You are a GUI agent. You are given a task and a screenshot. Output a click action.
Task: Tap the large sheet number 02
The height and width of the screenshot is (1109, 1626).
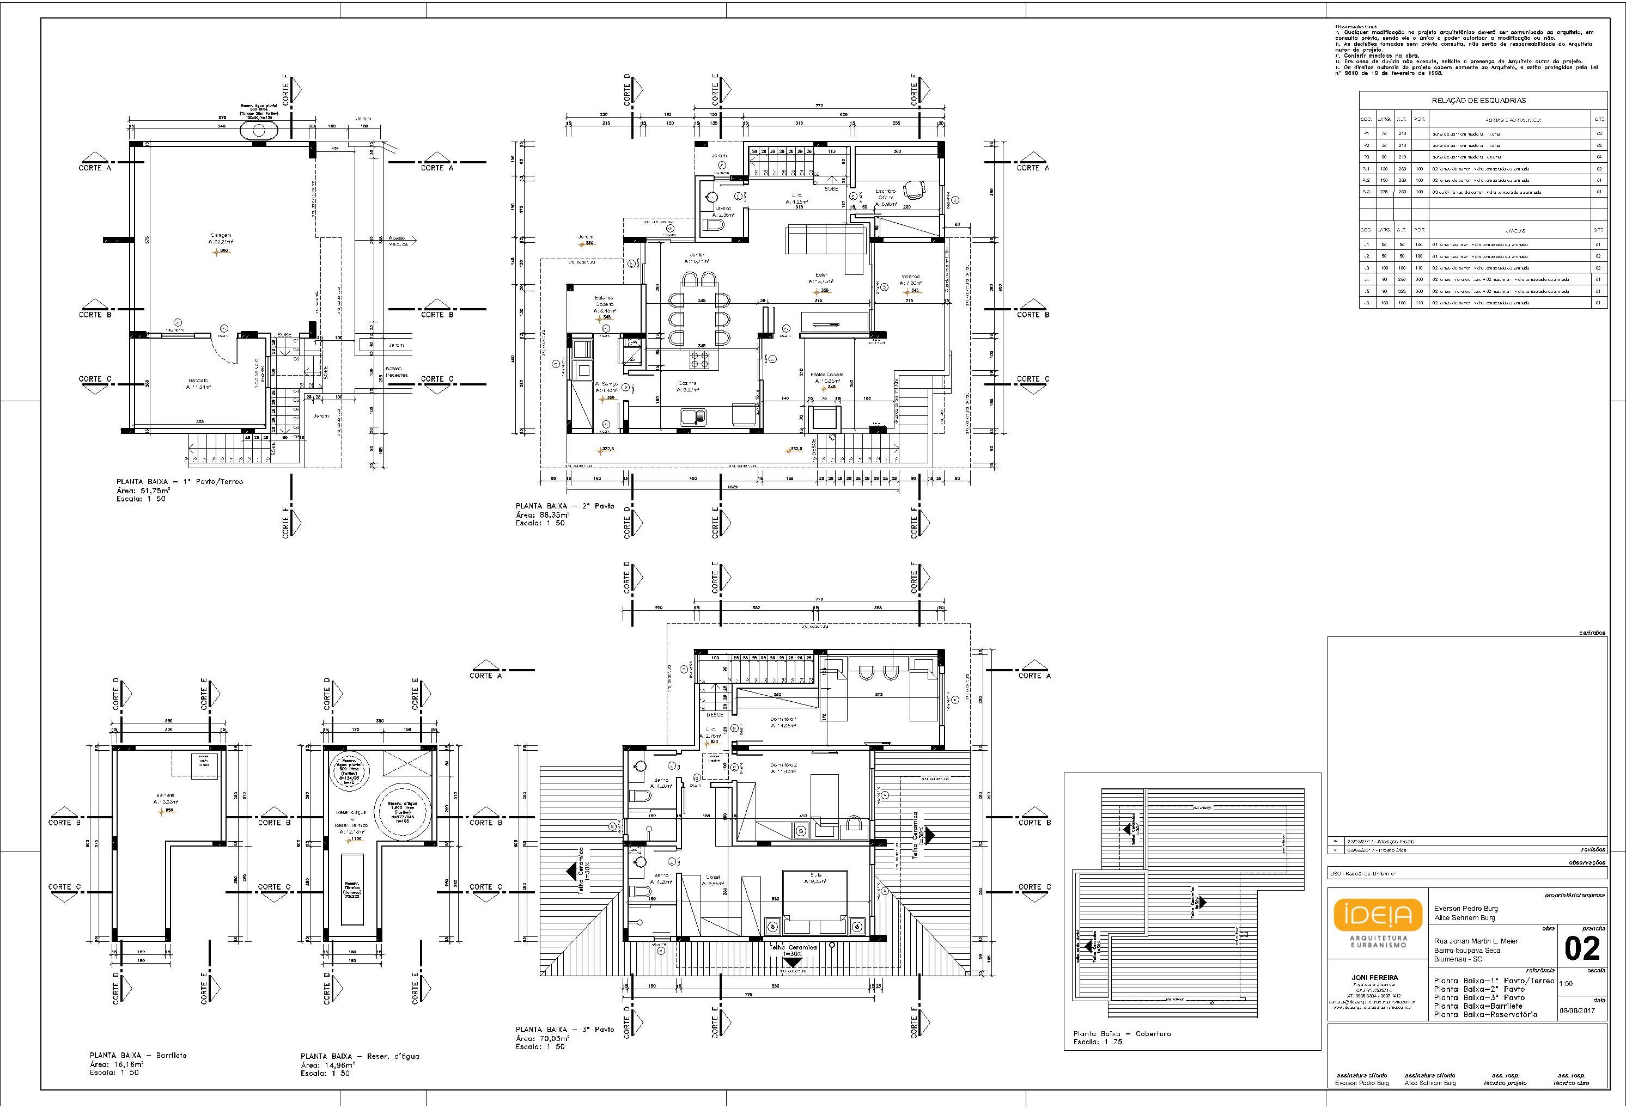pyautogui.click(x=1582, y=949)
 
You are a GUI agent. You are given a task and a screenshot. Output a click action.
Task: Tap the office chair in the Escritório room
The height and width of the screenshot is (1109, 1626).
pyautogui.click(x=912, y=189)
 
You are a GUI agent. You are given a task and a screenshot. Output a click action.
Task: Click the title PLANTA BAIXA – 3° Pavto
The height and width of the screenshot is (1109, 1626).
pyautogui.click(x=565, y=1030)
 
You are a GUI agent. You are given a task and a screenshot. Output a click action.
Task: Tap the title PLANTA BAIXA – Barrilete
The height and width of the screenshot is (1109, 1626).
pyautogui.click(x=138, y=1055)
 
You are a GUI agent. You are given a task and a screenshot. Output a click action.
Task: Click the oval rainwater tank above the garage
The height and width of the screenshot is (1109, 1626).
pyautogui.click(x=259, y=131)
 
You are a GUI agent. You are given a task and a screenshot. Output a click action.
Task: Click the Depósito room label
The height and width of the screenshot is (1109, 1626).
pyautogui.click(x=198, y=382)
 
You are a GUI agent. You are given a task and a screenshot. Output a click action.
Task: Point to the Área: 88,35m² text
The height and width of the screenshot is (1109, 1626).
pyautogui.click(x=542, y=514)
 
